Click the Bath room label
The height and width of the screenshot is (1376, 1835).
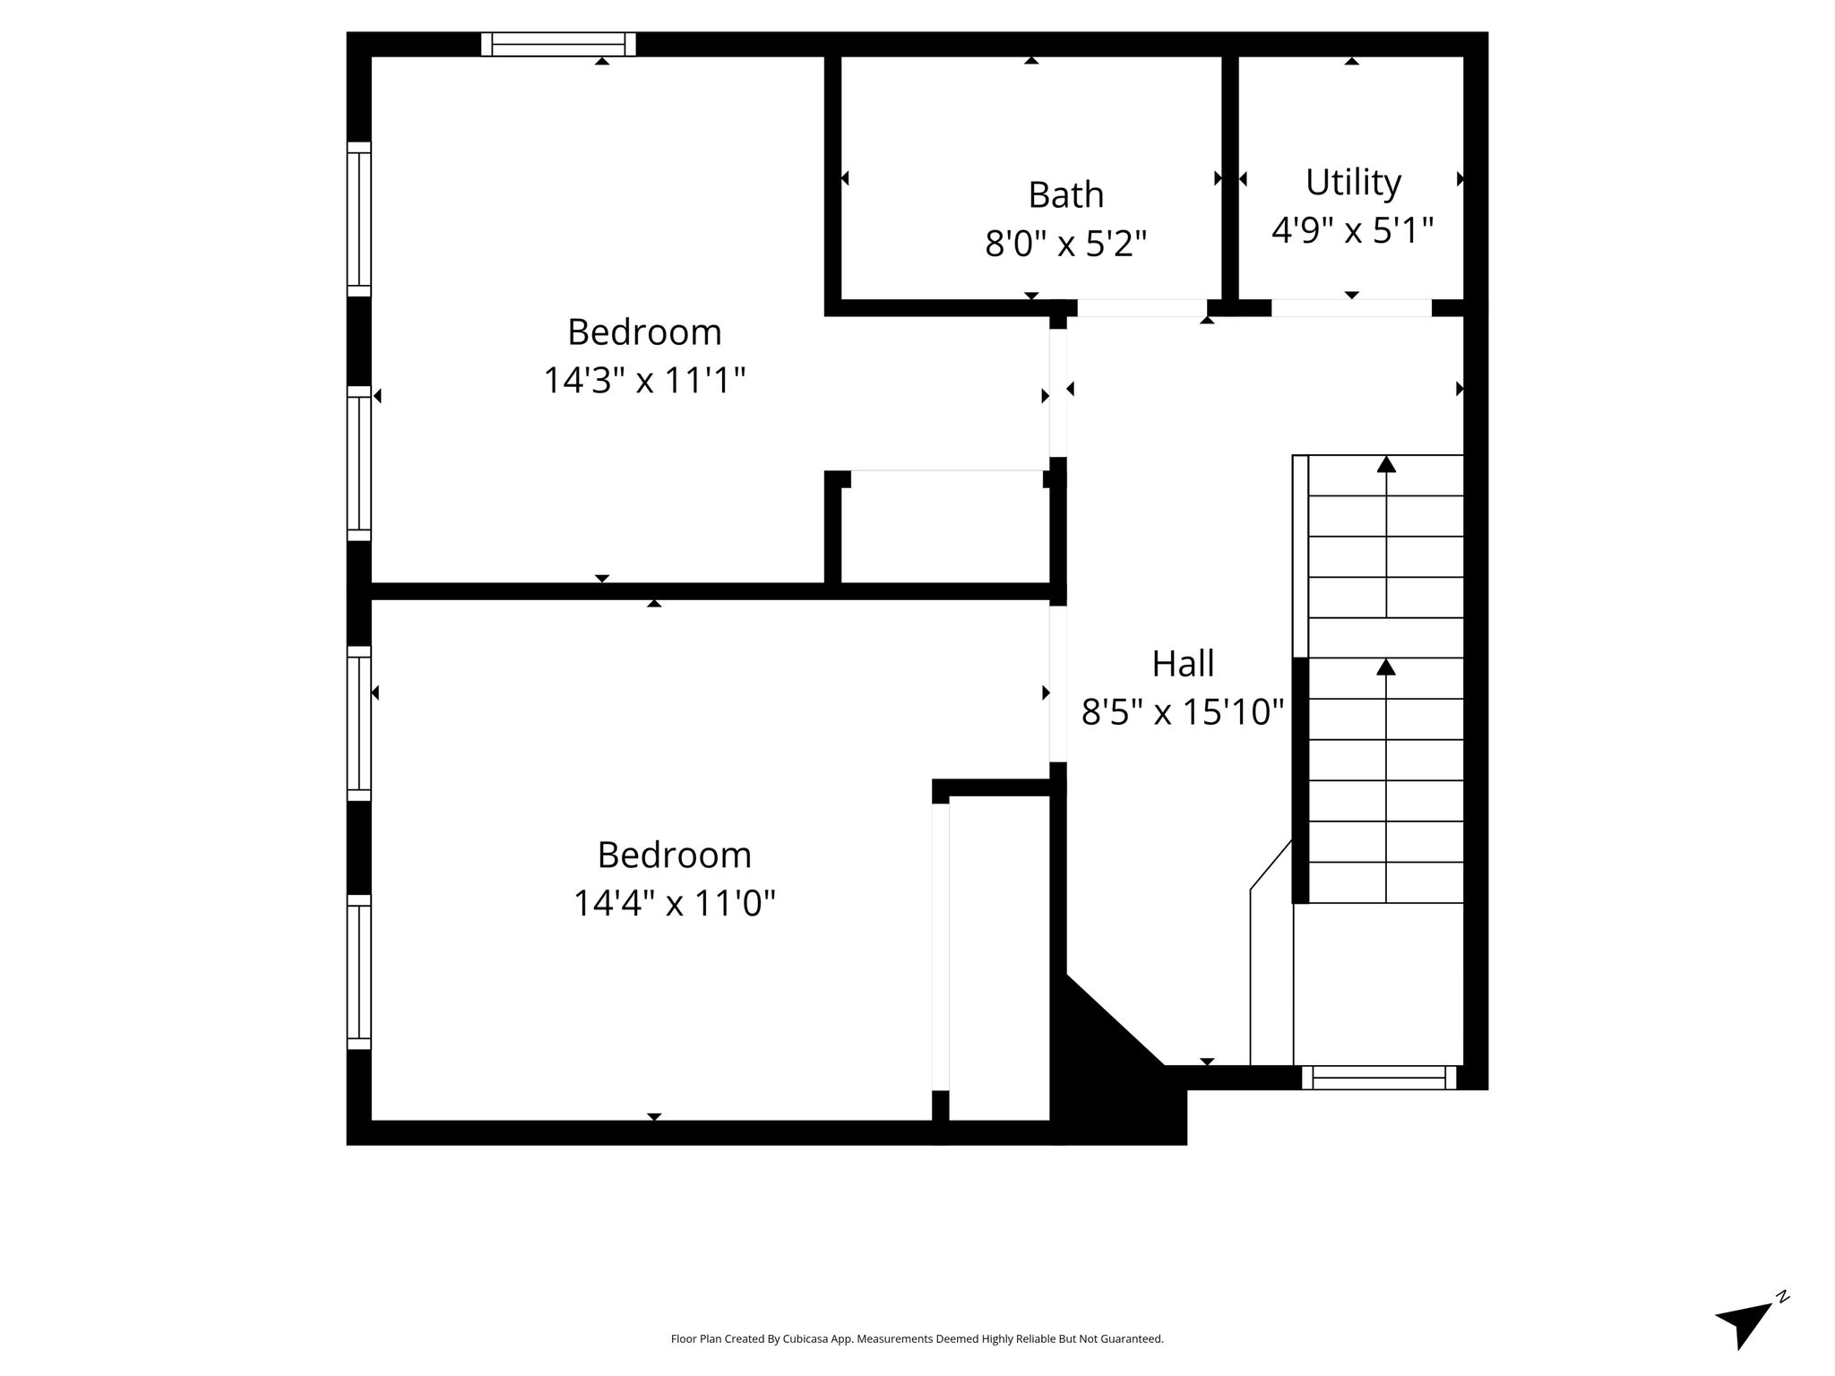click(x=1065, y=195)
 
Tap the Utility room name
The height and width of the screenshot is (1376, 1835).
click(x=1353, y=183)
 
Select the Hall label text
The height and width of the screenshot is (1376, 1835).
click(x=1183, y=664)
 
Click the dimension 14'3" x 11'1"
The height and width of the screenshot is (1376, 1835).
click(x=644, y=381)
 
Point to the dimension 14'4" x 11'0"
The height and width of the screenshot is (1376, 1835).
click(x=674, y=903)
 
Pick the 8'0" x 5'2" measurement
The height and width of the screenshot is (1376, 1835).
click(x=1065, y=244)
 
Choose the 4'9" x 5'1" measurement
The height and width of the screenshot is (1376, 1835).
click(x=1353, y=230)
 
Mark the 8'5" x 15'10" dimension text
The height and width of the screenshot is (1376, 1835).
click(x=1183, y=713)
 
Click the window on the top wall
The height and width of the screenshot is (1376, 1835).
click(x=558, y=44)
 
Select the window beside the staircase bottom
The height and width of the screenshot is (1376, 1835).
click(x=1379, y=1078)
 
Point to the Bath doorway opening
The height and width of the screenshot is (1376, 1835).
click(x=1142, y=308)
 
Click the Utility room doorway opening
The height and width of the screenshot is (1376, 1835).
click(x=1351, y=308)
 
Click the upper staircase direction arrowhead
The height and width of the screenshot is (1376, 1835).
click(x=1386, y=464)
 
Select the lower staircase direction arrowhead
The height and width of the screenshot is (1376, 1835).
click(x=1386, y=667)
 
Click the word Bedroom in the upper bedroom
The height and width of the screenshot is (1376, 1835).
click(x=644, y=332)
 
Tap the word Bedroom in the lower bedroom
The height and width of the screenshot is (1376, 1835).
click(x=674, y=855)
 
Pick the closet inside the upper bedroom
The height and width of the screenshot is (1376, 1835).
click(x=945, y=529)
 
